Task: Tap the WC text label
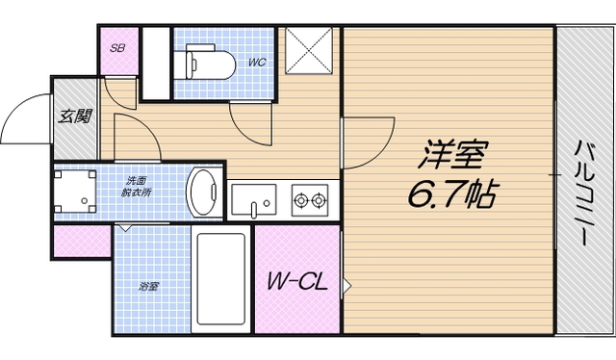[256, 63]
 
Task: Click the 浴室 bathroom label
[148, 286]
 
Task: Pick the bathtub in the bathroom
[222, 280]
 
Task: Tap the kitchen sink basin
[253, 201]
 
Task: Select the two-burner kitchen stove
[310, 200]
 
